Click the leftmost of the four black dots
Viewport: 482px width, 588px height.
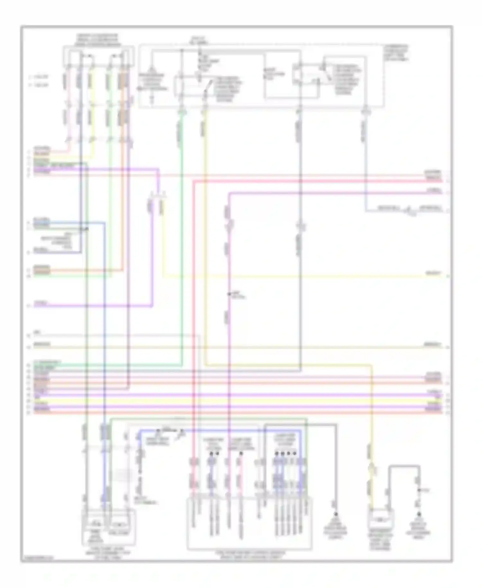pos(276,454)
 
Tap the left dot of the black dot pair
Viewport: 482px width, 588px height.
pos(212,454)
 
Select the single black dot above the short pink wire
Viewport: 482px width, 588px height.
pos(241,454)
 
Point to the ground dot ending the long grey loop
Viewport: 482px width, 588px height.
pos(336,514)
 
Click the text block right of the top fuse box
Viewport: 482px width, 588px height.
pos(396,53)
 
